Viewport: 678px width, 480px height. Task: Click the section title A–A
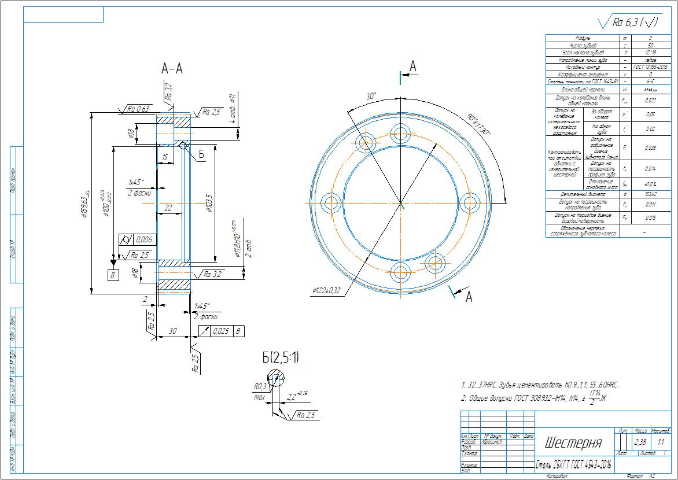point(172,69)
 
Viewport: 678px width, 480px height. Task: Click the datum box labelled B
point(113,275)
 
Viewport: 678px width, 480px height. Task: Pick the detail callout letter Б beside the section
point(201,154)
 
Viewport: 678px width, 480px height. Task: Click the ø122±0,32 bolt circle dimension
point(326,290)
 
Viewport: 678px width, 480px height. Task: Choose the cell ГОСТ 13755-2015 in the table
point(651,67)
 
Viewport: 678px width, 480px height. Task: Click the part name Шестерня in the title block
point(573,443)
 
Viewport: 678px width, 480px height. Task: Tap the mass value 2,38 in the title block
point(640,442)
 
